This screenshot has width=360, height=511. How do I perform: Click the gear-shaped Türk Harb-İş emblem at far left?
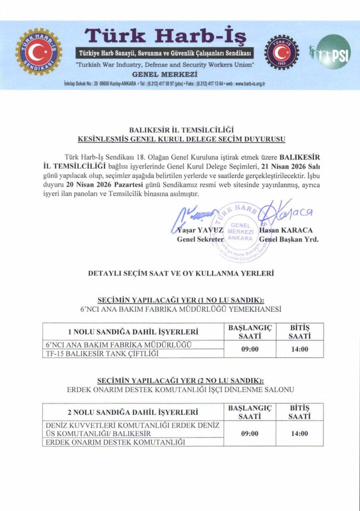pos(38,51)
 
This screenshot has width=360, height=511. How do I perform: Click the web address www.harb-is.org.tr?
pos(245,83)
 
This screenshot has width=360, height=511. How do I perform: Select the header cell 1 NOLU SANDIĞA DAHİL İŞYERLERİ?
pos(133,332)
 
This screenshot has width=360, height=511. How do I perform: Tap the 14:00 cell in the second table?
pos(300,433)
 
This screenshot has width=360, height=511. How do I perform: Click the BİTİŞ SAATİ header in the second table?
pos(300,412)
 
